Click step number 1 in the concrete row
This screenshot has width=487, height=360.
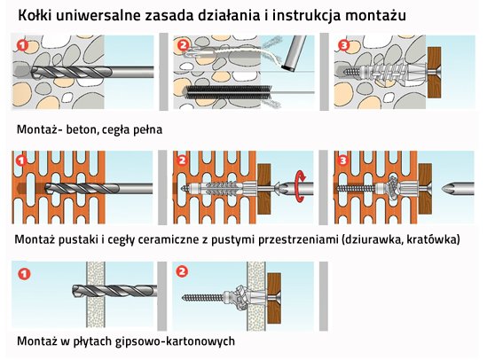(x=22, y=45)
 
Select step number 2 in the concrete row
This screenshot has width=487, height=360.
(x=183, y=45)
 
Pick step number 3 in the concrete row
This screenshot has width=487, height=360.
(x=343, y=45)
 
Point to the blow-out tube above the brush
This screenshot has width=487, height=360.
(x=292, y=53)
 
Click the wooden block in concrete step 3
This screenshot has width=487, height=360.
(x=434, y=73)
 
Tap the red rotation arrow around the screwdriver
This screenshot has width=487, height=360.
(x=301, y=185)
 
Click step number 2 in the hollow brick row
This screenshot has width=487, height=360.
(x=183, y=160)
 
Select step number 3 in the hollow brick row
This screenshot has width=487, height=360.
(x=343, y=160)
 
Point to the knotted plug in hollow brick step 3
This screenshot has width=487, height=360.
(x=392, y=187)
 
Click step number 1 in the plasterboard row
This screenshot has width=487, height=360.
(x=24, y=273)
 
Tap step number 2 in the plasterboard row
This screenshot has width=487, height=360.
(x=182, y=272)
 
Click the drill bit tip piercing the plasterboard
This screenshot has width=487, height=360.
(x=75, y=290)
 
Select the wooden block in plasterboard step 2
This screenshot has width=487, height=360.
(x=274, y=298)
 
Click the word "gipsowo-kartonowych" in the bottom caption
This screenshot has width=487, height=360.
(x=175, y=341)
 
